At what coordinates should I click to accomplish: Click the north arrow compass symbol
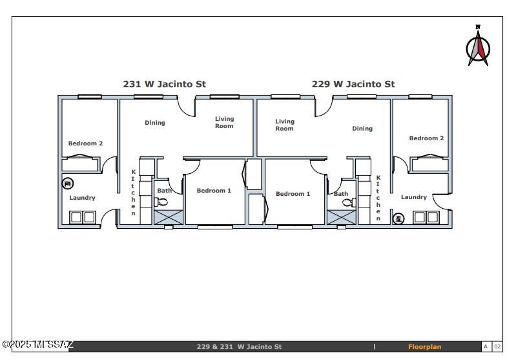pos(479,47)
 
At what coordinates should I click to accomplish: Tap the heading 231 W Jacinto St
pos(165,84)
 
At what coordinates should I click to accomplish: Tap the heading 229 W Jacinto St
pos(353,84)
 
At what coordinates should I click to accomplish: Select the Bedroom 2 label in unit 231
pos(85,143)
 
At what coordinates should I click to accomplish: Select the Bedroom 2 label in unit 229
pos(426,138)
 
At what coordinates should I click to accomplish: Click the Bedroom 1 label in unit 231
pos(214,191)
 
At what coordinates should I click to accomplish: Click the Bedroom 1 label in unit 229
pos(293,194)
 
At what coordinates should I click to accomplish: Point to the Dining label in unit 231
pos(155,123)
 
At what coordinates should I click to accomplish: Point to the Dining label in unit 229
pos(362,129)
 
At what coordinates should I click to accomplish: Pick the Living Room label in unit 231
pos(225,122)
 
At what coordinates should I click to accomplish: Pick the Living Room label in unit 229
pos(285,125)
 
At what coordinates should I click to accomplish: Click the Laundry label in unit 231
pos(82,198)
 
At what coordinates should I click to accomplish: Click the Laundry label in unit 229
pos(413,197)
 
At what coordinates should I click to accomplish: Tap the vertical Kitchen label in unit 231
pos(134,193)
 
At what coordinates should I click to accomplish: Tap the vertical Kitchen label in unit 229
pos(378,198)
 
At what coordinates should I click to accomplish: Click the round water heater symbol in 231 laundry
pos(68,184)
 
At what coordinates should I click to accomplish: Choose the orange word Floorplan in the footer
pos(424,347)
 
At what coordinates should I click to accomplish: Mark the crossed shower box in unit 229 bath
pos(341,217)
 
